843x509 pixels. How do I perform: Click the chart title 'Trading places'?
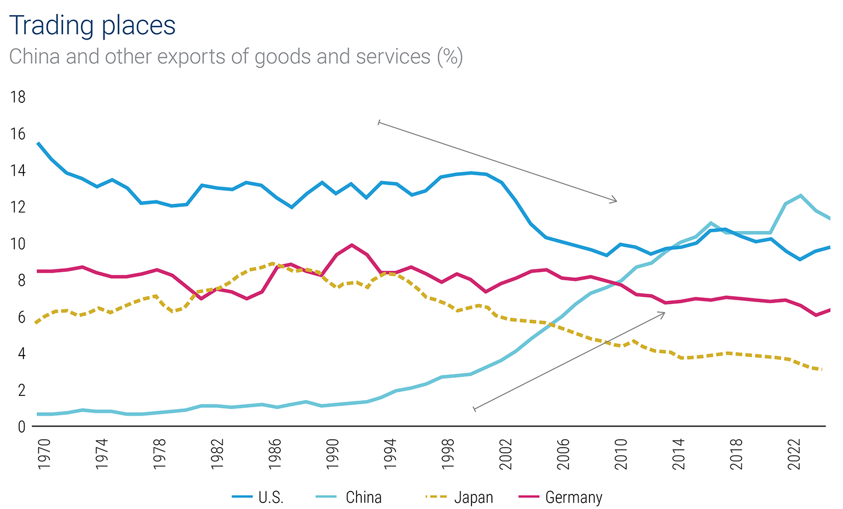click(93, 25)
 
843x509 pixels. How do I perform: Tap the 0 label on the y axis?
click(21, 427)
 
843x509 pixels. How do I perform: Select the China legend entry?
click(349, 497)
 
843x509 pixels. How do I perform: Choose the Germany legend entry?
click(560, 497)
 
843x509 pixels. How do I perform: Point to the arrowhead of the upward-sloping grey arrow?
click(664, 312)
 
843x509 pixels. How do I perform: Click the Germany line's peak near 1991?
click(352, 245)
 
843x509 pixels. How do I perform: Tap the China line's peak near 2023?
click(800, 195)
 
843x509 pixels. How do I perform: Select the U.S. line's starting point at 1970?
click(38, 143)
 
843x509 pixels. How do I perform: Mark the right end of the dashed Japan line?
click(822, 369)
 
